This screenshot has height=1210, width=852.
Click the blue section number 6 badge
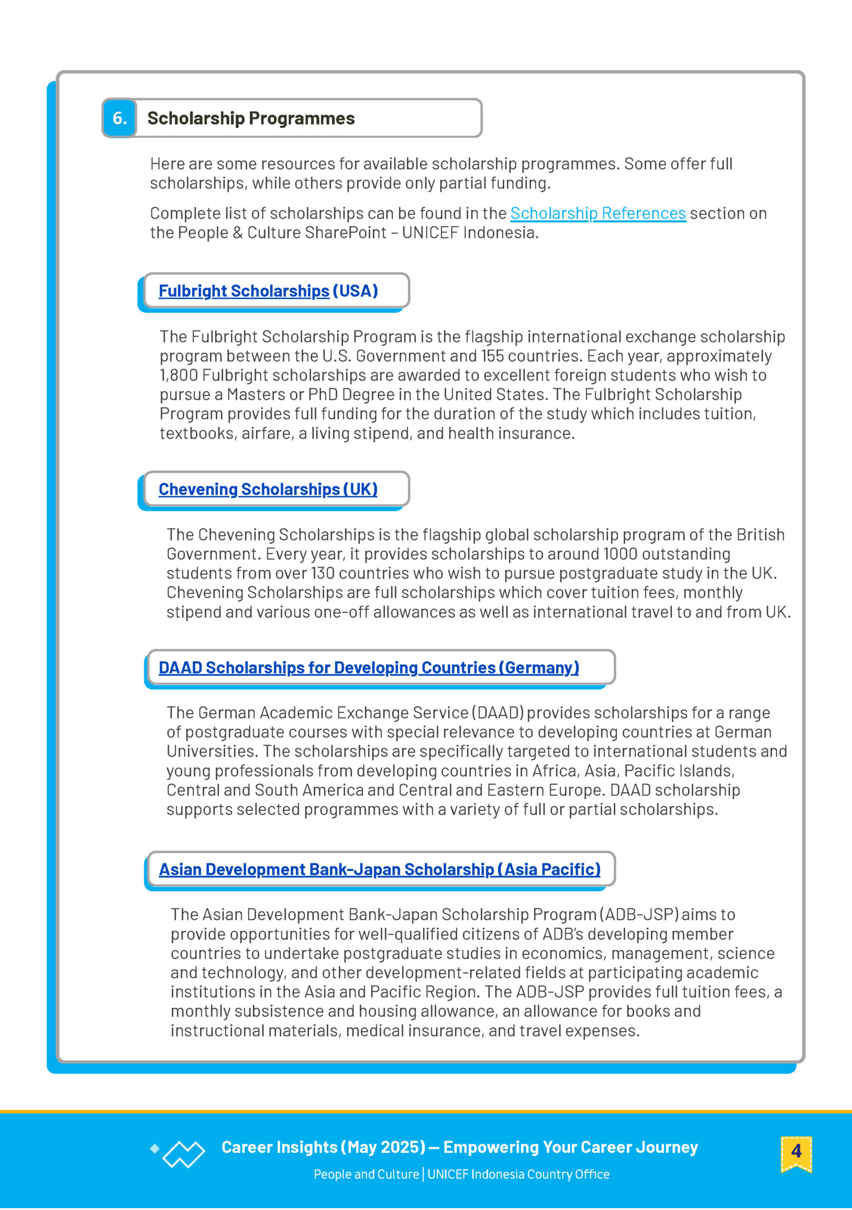(x=119, y=118)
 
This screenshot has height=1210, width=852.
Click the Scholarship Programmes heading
(x=251, y=118)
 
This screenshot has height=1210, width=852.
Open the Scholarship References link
(x=598, y=213)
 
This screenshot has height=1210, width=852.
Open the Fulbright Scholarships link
(x=243, y=291)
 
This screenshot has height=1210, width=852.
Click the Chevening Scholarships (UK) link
(x=268, y=489)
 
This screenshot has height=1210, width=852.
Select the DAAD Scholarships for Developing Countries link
(x=369, y=668)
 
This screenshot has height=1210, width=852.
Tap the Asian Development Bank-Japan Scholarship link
(x=379, y=869)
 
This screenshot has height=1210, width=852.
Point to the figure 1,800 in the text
(x=178, y=375)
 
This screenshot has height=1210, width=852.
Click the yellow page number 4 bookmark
(x=796, y=1151)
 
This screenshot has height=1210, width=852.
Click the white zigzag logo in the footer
(x=184, y=1154)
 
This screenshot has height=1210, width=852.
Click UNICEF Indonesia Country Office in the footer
(x=518, y=1174)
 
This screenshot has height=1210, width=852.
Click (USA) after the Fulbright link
(x=355, y=291)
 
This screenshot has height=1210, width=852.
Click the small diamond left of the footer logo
(x=155, y=1148)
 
